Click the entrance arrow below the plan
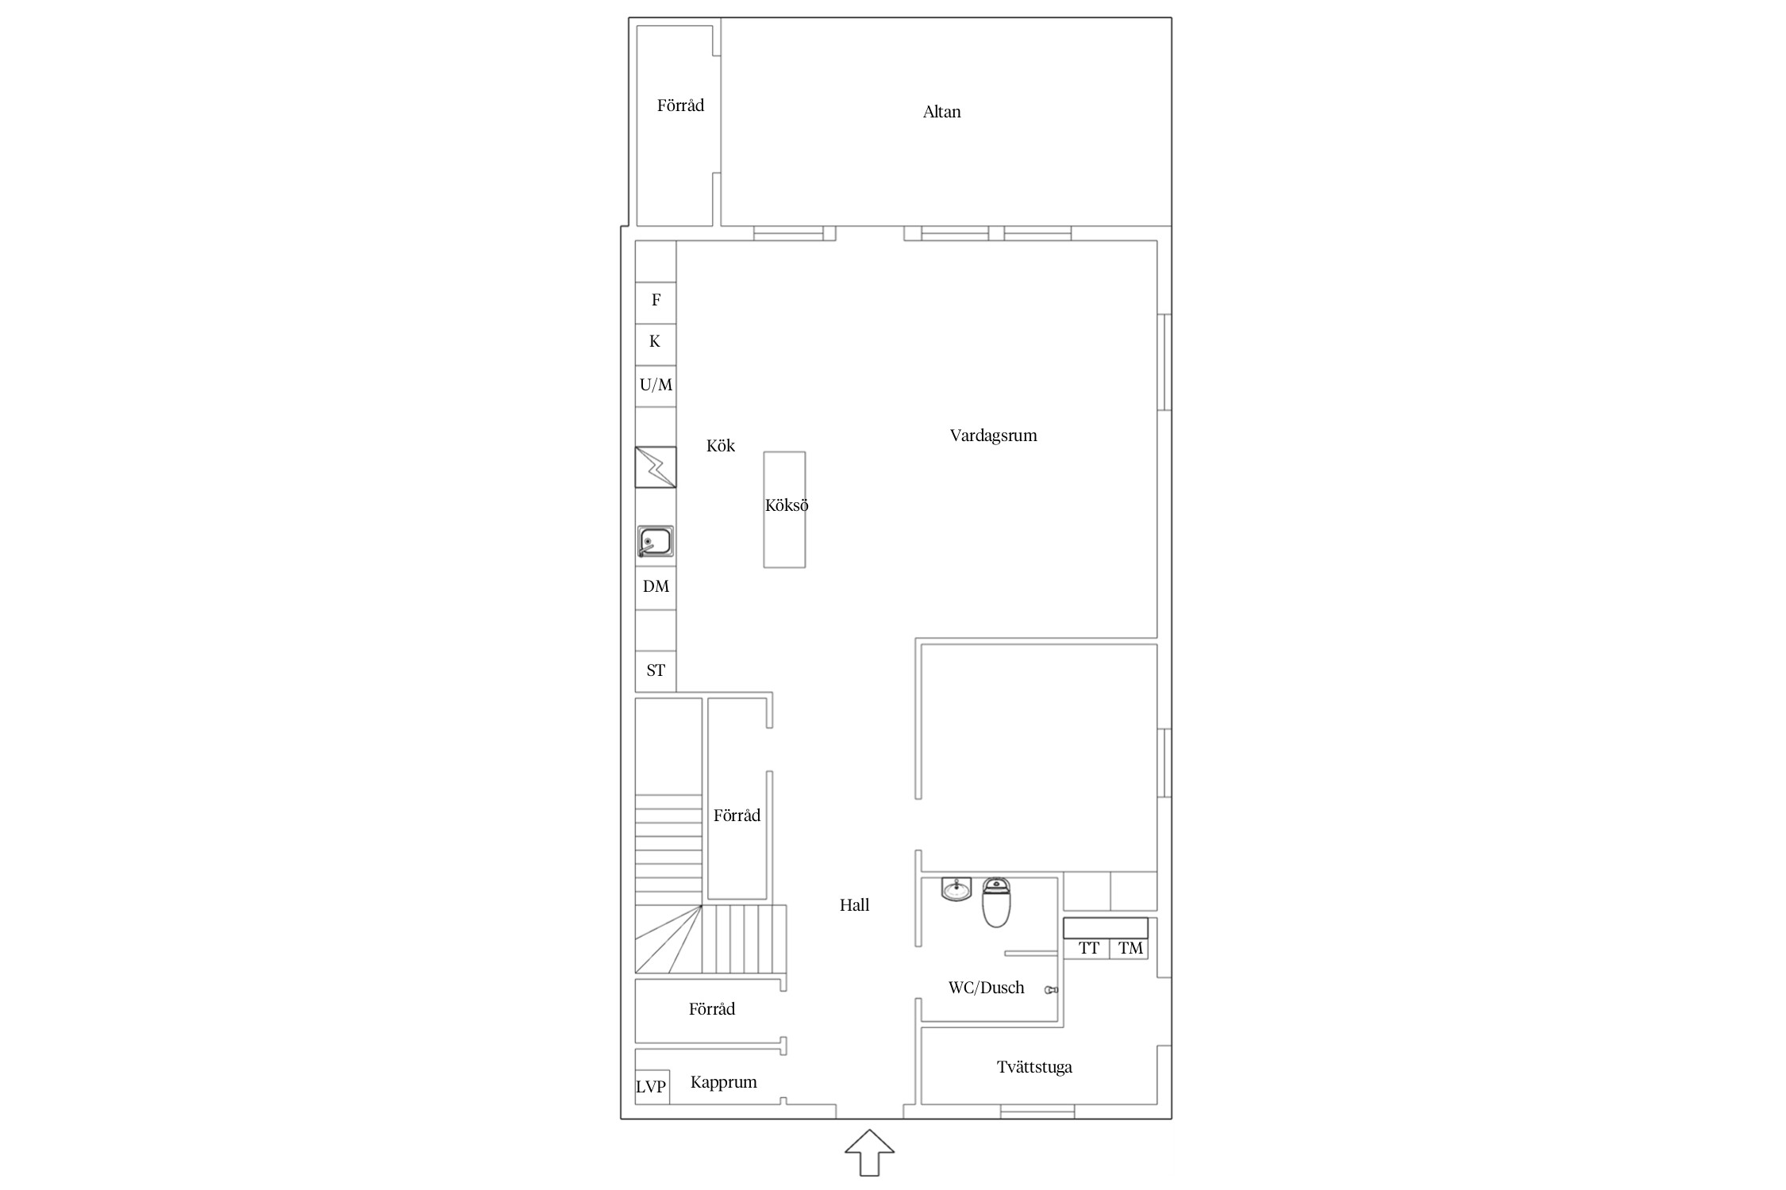[x=869, y=1153]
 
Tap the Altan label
[x=941, y=112]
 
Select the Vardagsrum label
[x=993, y=436]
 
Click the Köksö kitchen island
[x=784, y=509]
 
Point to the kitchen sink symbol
[x=656, y=542]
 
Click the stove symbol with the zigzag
[x=656, y=467]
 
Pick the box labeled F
[x=656, y=303]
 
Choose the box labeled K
[x=656, y=344]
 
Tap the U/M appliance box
[x=656, y=386]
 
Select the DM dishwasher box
[x=656, y=587]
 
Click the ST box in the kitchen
[x=656, y=671]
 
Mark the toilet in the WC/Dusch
[x=996, y=903]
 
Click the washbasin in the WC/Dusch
[x=957, y=889]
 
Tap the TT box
[x=1087, y=949]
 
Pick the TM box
[x=1129, y=949]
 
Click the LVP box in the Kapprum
[x=652, y=1087]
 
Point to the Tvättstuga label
[x=1034, y=1067]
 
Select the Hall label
[x=854, y=905]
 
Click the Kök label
[x=721, y=446]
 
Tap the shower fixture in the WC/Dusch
[x=1052, y=990]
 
